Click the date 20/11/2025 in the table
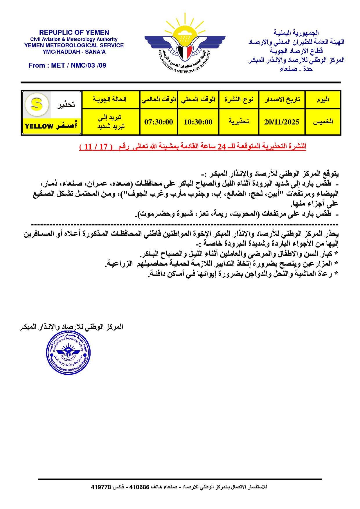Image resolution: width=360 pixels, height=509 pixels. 282,122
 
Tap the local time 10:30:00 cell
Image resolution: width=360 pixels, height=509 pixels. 198,122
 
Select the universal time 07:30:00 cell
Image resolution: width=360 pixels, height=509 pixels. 159,122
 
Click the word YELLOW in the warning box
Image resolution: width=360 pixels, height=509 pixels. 39,126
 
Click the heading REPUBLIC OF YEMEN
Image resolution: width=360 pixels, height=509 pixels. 74,33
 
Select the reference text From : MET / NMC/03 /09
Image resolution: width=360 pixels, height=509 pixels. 67,65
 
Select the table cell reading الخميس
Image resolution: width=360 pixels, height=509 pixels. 323,122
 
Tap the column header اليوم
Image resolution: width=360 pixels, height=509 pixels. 323,100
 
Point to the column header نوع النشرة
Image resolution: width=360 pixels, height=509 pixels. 239,100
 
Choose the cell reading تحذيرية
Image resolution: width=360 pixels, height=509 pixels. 239,122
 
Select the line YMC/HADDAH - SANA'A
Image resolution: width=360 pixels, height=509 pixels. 74,52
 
